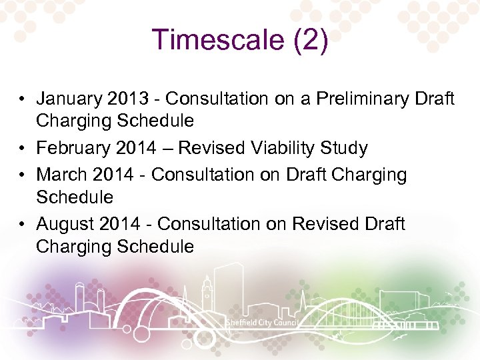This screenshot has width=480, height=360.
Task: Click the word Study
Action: tap(346, 148)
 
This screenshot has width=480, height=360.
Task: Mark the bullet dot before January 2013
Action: tap(22, 99)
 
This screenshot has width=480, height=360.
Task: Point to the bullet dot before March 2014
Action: tap(22, 175)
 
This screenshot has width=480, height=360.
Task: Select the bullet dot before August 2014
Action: tap(22, 225)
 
